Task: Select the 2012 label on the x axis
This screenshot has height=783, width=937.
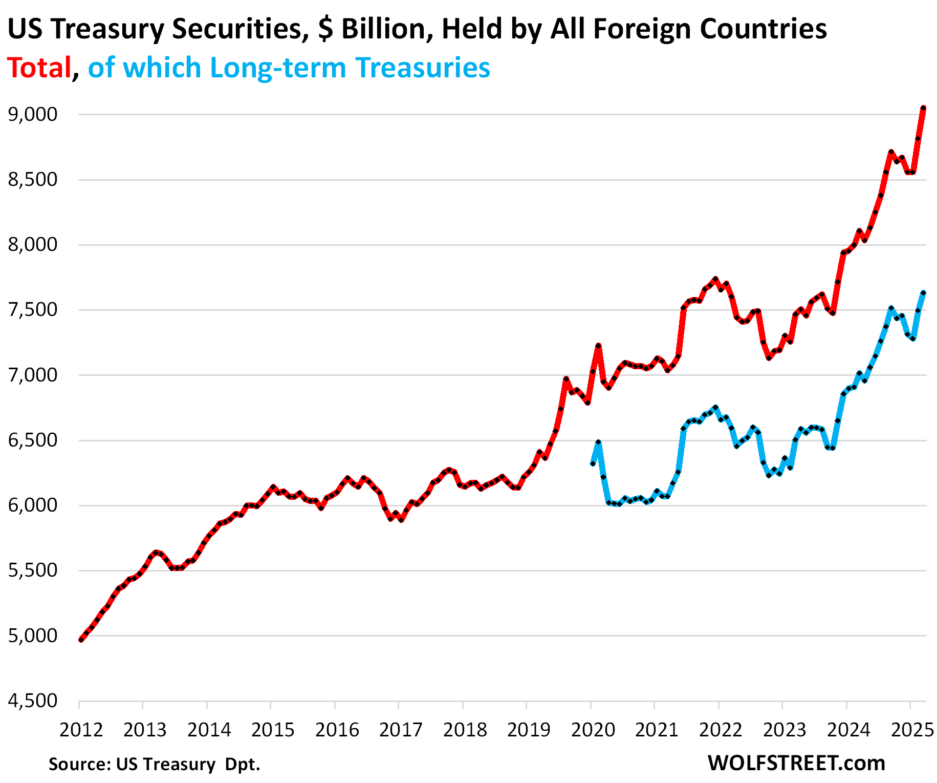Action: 81,729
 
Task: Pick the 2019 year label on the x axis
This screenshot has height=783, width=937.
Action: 529,729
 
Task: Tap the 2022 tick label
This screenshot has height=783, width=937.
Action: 721,729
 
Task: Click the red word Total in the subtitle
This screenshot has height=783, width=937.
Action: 39,68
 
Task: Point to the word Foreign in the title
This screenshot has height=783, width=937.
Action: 646,29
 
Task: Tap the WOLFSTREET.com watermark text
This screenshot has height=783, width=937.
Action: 796,763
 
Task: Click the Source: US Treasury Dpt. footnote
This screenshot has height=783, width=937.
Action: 154,764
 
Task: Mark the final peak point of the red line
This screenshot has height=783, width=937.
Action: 924,108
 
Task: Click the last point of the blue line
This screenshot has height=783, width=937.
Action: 924,293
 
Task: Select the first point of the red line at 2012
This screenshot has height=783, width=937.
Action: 81,639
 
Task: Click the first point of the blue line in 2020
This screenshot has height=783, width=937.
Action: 593,463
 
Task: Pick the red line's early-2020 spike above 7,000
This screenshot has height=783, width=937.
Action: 598,346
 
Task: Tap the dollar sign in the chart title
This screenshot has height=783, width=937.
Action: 324,29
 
